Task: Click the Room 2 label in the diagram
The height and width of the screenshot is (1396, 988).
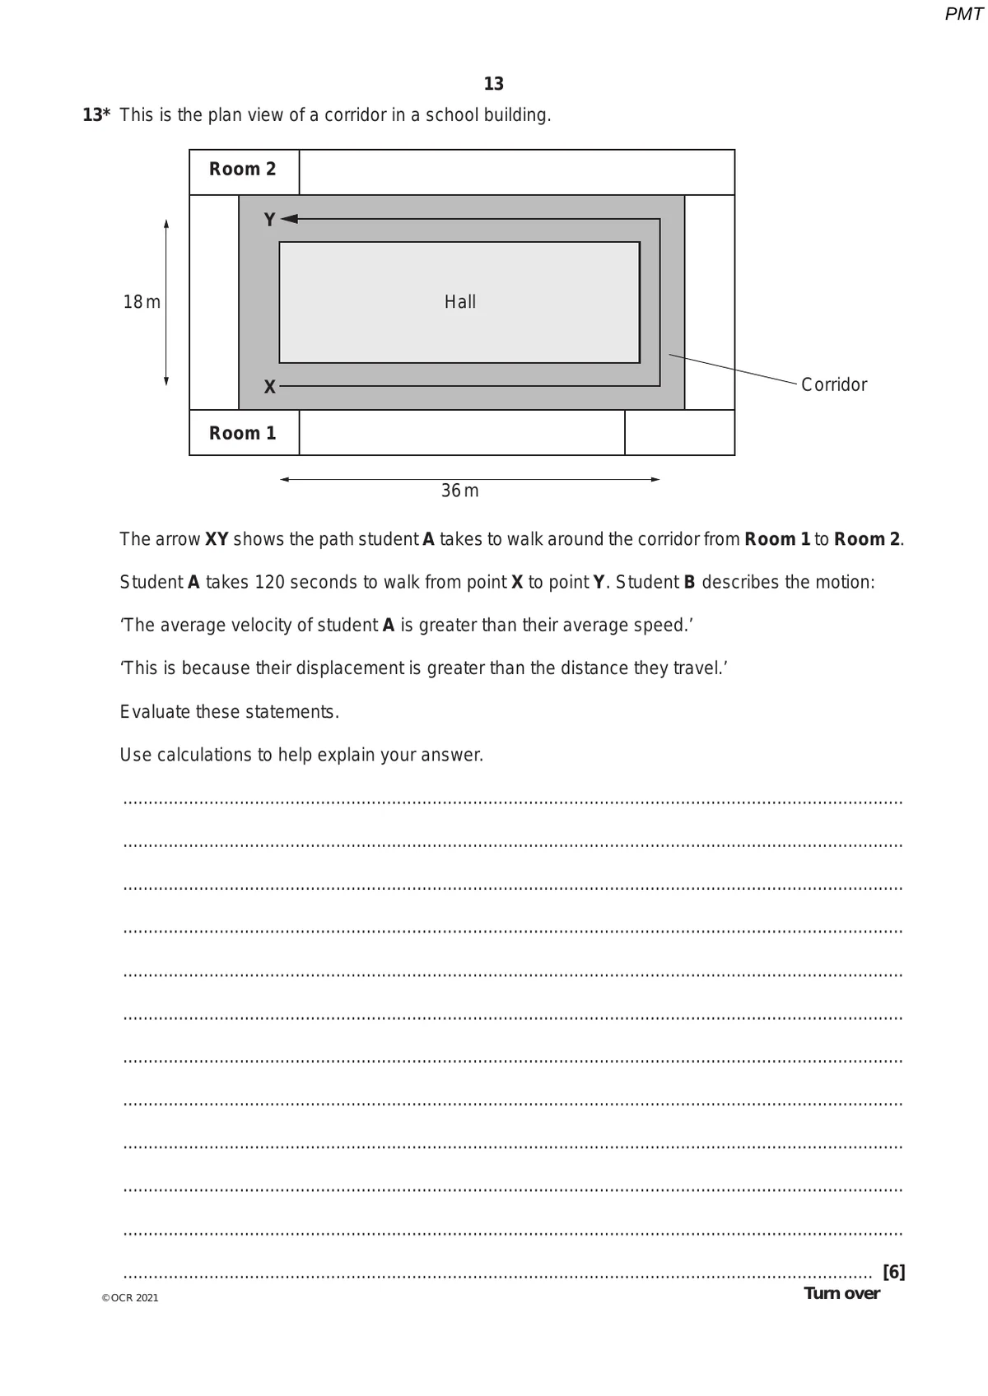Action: click(x=242, y=170)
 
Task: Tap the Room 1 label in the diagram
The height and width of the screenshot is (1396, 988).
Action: click(x=242, y=434)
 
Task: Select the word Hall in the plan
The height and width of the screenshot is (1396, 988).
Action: click(x=460, y=302)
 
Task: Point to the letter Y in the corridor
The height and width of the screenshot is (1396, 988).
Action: click(x=269, y=220)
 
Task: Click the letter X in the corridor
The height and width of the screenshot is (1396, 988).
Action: click(x=269, y=387)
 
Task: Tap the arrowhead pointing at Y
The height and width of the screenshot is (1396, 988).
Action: click(x=289, y=219)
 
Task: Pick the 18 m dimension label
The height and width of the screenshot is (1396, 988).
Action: click(x=142, y=302)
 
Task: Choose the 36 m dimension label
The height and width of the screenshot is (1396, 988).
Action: click(x=459, y=491)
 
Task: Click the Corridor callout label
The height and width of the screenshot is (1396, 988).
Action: click(x=833, y=385)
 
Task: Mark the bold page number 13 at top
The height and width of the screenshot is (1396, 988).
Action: click(x=494, y=84)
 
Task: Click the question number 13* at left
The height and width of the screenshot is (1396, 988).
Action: click(x=96, y=115)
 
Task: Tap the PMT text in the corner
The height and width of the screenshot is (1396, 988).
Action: click(x=963, y=14)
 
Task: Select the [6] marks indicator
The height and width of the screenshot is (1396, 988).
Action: click(x=893, y=1273)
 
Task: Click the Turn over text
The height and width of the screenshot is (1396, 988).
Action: click(x=841, y=1293)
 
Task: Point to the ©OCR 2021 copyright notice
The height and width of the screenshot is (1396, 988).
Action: click(x=130, y=1298)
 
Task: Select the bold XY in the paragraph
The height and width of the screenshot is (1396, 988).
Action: click(x=217, y=540)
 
